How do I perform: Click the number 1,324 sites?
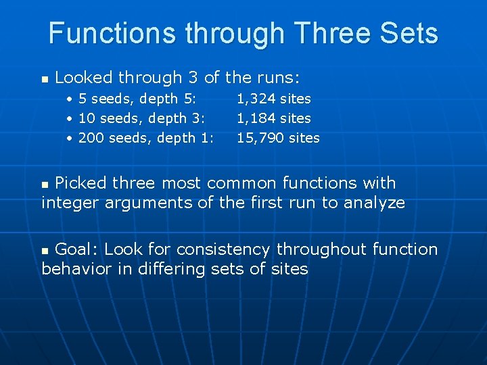click(x=273, y=99)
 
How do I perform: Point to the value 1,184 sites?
click(x=273, y=118)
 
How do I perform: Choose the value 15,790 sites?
click(x=278, y=138)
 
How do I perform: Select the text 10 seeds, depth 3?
click(x=142, y=118)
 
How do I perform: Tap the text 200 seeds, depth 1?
click(x=146, y=138)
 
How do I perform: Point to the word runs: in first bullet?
click(x=277, y=78)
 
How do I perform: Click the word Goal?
click(x=77, y=249)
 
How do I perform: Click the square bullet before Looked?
click(x=45, y=80)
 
